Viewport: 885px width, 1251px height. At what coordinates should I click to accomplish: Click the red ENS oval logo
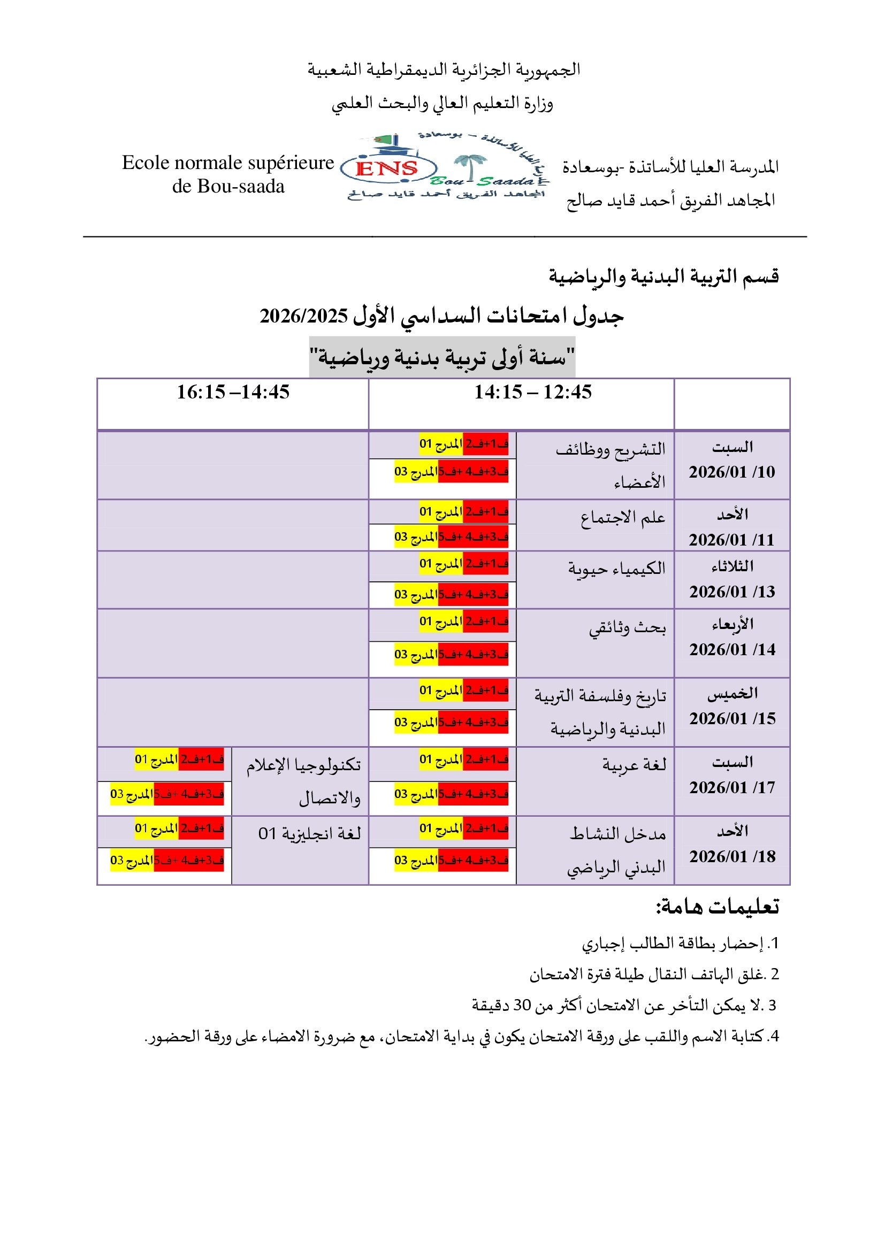pos(388,168)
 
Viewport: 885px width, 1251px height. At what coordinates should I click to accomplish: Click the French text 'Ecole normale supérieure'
pos(228,163)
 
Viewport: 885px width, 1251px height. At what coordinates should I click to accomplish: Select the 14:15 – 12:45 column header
pos(532,392)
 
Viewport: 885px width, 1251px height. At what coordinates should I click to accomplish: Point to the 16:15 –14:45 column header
pos(233,392)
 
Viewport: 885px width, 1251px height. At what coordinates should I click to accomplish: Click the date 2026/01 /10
pos(732,472)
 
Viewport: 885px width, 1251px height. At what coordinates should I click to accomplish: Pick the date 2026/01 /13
pos(732,592)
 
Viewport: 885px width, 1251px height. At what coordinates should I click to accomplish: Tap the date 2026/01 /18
pos(732,856)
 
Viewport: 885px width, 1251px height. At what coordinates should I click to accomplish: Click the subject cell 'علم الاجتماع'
pos(623,517)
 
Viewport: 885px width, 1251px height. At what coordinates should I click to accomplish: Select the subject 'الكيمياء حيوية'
pos(617,569)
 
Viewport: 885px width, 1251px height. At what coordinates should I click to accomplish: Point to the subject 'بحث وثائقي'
pos(627,628)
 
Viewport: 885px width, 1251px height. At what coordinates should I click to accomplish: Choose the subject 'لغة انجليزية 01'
pos(309,833)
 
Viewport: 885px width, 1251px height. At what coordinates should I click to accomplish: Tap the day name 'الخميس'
pos(733,694)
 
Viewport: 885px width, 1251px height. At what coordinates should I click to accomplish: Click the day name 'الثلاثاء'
pos(733,566)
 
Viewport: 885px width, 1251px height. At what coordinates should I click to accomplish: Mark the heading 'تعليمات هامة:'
pos(717,907)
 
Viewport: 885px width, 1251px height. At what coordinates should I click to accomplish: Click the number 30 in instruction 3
pos(522,1006)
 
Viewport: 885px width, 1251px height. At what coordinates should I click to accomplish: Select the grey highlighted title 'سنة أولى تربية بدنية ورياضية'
pos(442,357)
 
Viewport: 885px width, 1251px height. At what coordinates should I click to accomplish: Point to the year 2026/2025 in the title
pos(303,316)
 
